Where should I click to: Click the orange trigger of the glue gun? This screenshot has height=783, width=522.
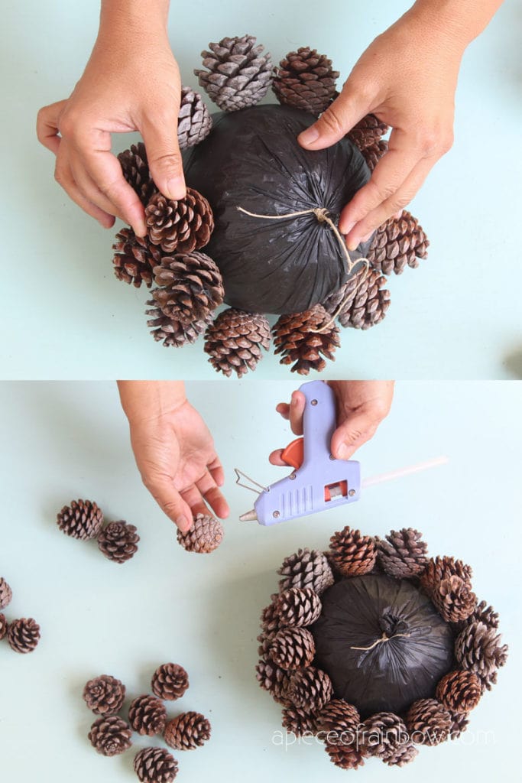pyautogui.click(x=293, y=453)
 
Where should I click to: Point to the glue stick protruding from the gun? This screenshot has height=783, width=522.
pyautogui.click(x=405, y=472)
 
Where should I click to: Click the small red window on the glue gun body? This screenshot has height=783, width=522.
pyautogui.click(x=336, y=491)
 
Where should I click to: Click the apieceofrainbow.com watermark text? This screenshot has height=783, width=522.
pyautogui.click(x=383, y=737)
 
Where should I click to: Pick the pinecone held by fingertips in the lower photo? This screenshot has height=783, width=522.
pyautogui.click(x=201, y=534)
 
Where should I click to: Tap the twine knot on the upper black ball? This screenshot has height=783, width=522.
pyautogui.click(x=321, y=216)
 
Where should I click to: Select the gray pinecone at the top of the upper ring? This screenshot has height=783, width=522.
pyautogui.click(x=235, y=73)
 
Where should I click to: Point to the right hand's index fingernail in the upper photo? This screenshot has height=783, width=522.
pyautogui.click(x=310, y=135)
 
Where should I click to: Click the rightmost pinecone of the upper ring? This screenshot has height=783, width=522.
pyautogui.click(x=398, y=242)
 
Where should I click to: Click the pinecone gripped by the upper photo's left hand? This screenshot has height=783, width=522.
pyautogui.click(x=179, y=222)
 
